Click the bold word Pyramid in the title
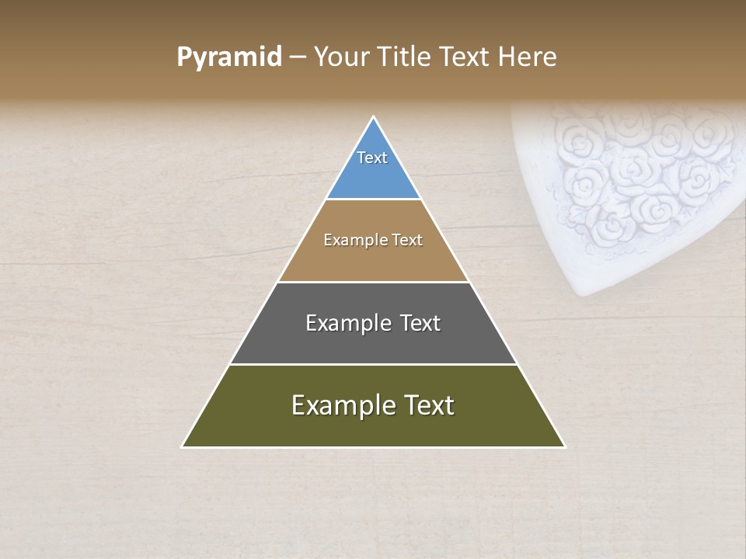click(x=228, y=57)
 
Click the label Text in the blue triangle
click(x=372, y=158)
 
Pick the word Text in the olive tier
click(x=426, y=405)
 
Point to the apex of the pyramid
click(x=374, y=118)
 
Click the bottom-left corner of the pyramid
click(x=183, y=446)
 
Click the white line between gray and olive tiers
click(x=373, y=364)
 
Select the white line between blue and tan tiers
click(x=373, y=200)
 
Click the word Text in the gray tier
click(x=420, y=323)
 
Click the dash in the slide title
click(x=298, y=57)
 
